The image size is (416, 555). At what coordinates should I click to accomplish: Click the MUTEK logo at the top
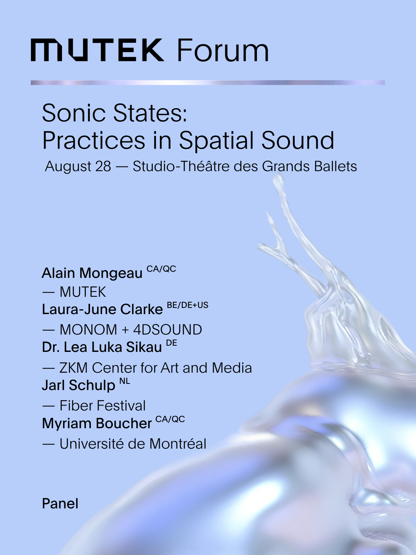[x=97, y=50]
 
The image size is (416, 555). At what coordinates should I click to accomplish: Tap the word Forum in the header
[x=223, y=50]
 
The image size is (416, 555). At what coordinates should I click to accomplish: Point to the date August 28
[x=78, y=166]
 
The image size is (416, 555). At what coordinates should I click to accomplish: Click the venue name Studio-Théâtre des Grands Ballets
[x=245, y=166]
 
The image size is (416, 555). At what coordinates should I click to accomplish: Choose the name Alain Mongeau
[x=92, y=273]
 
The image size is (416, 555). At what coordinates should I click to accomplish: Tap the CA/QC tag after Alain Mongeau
[x=161, y=269]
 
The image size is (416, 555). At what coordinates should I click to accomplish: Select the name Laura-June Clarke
[x=102, y=309]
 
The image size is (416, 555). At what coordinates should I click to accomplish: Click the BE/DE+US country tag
[x=188, y=305]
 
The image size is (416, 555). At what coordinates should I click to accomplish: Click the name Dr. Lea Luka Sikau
[x=102, y=347]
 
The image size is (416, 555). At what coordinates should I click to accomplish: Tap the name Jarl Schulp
[x=79, y=385]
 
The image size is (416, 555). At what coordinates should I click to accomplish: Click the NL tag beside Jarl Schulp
[x=125, y=381]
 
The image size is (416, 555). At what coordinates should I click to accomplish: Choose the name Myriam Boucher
[x=97, y=423]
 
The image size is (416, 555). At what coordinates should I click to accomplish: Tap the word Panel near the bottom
[x=60, y=503]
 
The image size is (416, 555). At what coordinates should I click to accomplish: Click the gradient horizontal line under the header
[x=208, y=83]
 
